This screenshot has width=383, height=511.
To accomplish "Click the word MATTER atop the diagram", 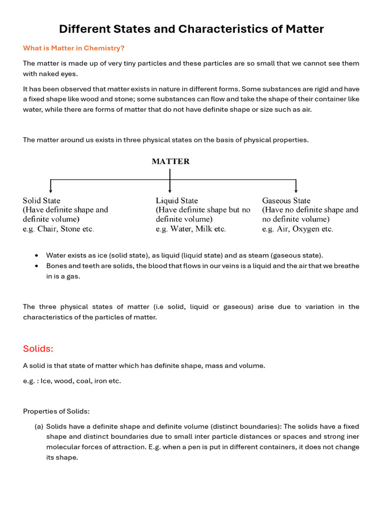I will coord(171,161).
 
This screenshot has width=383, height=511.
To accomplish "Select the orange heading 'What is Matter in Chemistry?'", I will coord(73,48).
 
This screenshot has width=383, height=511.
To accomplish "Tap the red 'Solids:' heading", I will coord(38,348).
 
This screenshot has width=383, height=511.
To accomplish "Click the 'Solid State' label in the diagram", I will coord(42,201).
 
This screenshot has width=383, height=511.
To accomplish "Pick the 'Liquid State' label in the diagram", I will coord(177,201).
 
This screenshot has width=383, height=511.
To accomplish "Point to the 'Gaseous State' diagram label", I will coord(286,201).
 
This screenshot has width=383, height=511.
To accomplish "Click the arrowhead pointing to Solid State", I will coord(51,190).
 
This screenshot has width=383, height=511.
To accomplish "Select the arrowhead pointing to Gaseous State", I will coord(296,190).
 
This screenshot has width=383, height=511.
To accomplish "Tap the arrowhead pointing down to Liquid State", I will coord(170,190).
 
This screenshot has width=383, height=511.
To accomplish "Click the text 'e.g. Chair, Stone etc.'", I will coord(58,229).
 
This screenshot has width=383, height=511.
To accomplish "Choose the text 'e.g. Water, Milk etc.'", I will coord(191,229).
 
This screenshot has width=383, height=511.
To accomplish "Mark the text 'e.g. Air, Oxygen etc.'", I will coord(297,229).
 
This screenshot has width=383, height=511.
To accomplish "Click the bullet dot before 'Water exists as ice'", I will coord(37,255).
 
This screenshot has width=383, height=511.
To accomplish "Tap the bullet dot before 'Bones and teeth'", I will coord(37,266).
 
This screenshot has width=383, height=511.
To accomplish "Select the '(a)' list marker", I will coord(39,427).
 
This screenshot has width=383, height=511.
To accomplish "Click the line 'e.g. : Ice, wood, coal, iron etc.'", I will coord(72,381).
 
